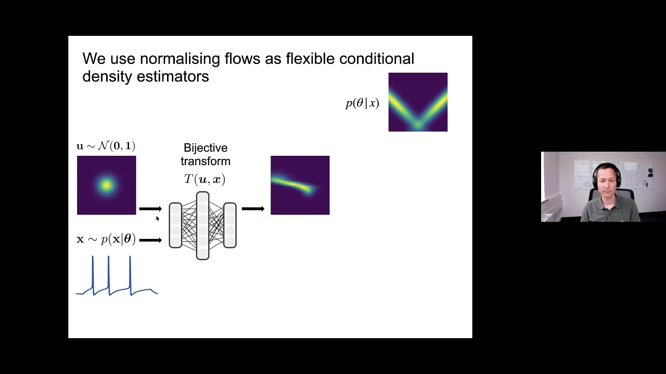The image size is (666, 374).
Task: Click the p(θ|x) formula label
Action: coord(362,103)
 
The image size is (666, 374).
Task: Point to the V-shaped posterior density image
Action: coord(418,102)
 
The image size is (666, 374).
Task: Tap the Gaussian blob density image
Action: coord(106,185)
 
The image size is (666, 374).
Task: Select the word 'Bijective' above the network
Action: coord(205,148)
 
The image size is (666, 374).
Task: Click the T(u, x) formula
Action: coord(204,179)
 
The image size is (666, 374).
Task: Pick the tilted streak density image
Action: coord(300,185)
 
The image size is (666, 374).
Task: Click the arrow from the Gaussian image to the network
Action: coord(150,209)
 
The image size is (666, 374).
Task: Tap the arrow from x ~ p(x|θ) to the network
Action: coord(150,240)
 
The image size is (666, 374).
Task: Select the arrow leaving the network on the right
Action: coord(253,209)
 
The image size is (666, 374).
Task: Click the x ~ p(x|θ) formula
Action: coord(106,239)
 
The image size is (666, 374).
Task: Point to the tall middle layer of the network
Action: coord(202,225)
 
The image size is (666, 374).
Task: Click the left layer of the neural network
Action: coord(175,225)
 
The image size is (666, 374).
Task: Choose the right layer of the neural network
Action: coord(229,225)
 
